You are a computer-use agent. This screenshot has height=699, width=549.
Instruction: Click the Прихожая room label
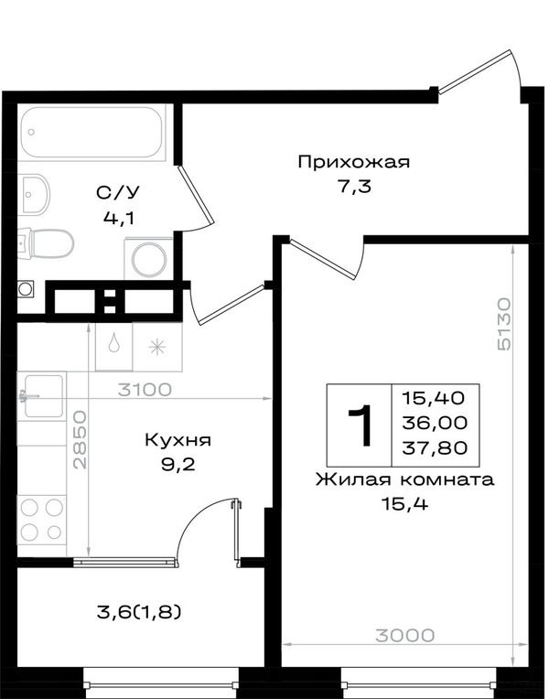(353, 163)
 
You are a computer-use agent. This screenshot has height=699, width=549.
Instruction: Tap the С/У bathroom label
(118, 193)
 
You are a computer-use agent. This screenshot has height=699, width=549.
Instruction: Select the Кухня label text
(178, 440)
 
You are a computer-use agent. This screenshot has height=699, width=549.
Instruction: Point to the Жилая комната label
(405, 480)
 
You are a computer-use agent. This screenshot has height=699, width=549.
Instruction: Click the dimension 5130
(504, 324)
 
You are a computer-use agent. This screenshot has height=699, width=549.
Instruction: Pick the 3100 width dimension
(145, 390)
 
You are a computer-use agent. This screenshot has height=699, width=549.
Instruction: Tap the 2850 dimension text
(81, 440)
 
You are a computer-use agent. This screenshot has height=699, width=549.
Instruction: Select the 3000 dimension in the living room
(405, 636)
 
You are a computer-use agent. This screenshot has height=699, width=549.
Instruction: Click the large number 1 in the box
(360, 425)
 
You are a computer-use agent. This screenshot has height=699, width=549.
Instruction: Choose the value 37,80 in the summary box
(435, 448)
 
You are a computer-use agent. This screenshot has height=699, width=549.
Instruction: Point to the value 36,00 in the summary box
(435, 423)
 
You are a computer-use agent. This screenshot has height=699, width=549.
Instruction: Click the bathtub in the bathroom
(93, 132)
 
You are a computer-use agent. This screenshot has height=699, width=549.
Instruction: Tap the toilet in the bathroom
(46, 243)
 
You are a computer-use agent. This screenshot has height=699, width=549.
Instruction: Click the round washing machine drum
(149, 259)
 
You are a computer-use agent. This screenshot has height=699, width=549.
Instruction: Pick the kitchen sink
(42, 396)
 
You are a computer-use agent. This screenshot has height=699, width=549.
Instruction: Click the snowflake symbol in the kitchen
(157, 348)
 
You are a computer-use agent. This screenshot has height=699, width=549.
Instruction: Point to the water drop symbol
(113, 343)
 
